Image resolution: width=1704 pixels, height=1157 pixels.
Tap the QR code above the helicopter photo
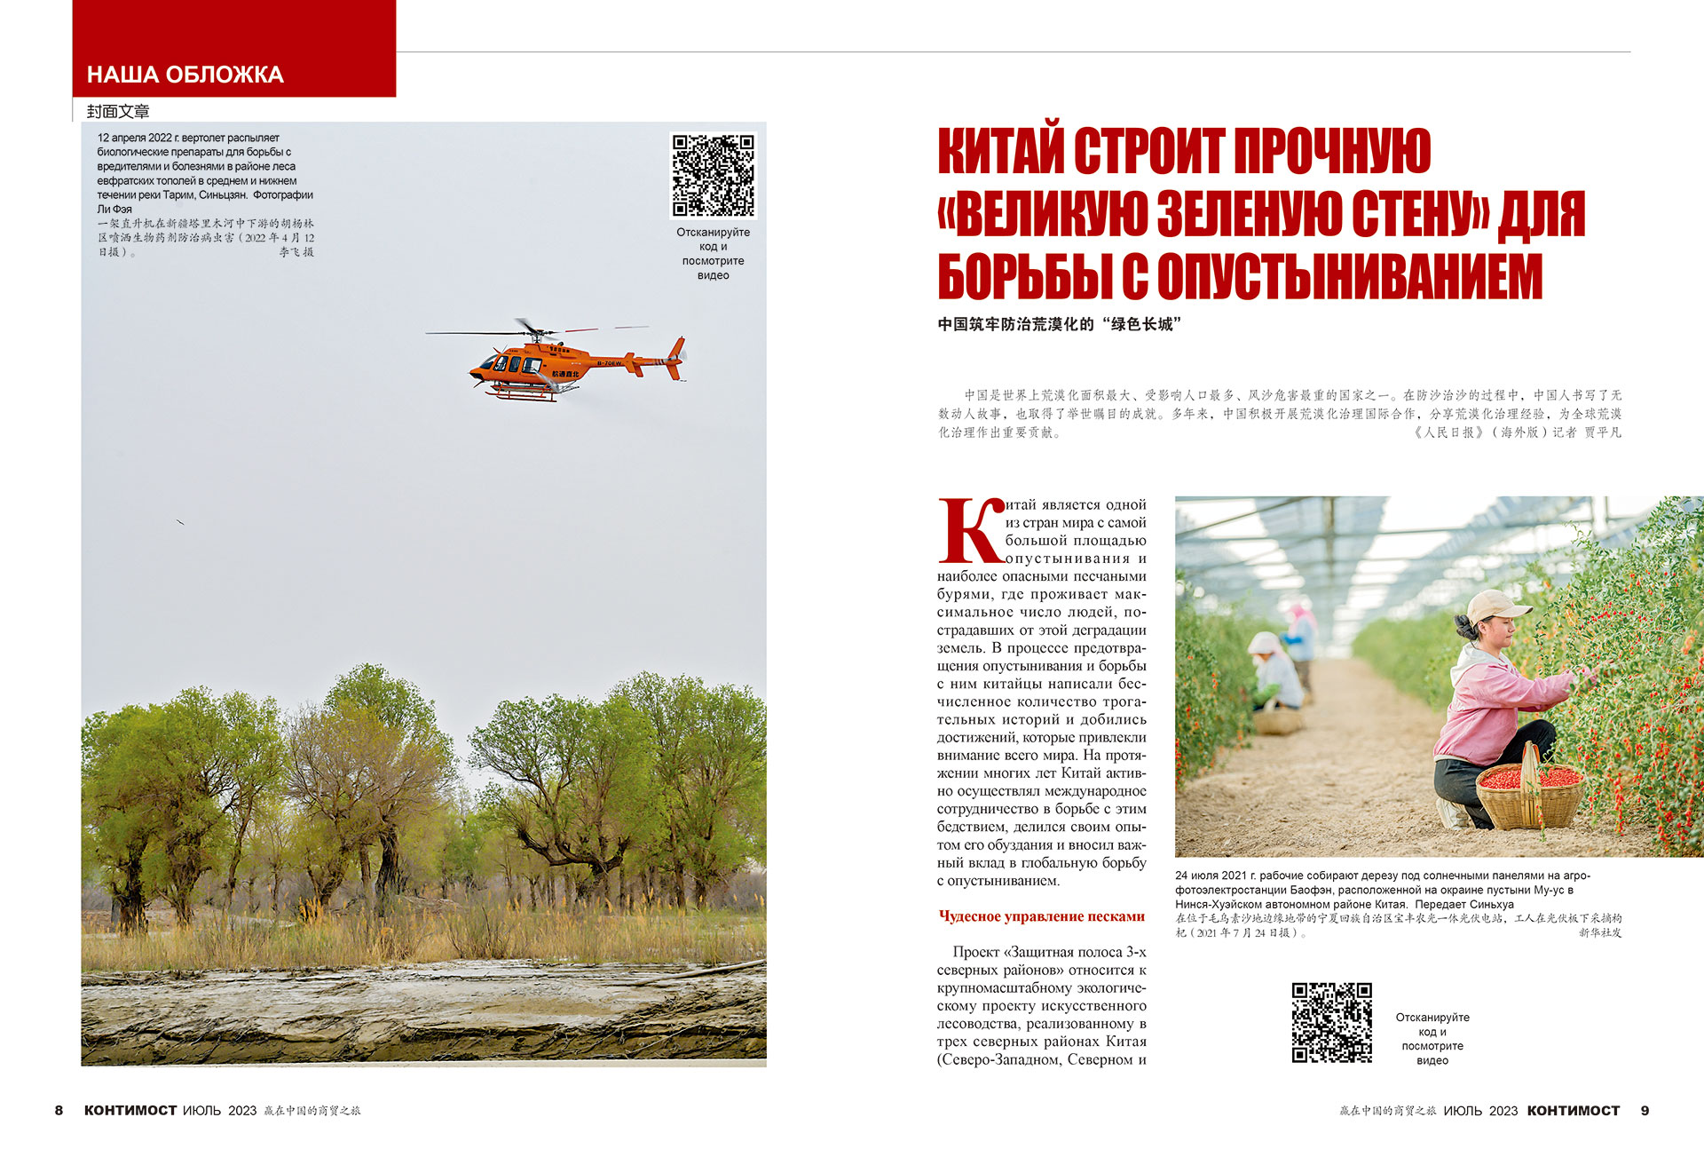[x=713, y=175]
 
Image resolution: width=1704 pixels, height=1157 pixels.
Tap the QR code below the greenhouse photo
[x=1331, y=1022]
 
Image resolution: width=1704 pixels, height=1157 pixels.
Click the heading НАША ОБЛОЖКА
[x=185, y=75]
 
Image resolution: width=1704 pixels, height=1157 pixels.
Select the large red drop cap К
[x=970, y=531]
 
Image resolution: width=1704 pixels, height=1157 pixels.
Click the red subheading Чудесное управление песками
[x=1041, y=916]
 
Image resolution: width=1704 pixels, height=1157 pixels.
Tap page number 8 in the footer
[x=59, y=1110]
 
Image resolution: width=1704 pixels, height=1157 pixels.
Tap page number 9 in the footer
[x=1645, y=1110]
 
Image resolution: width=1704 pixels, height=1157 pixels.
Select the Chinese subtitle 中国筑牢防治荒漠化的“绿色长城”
[x=1059, y=324]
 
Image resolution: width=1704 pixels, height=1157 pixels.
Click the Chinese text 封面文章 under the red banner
[x=118, y=111]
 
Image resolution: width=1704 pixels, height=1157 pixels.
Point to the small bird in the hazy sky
[x=180, y=522]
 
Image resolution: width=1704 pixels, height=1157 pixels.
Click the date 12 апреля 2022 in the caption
[x=135, y=138]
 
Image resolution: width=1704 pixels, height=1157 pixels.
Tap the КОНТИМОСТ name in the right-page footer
[x=1573, y=1110]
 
